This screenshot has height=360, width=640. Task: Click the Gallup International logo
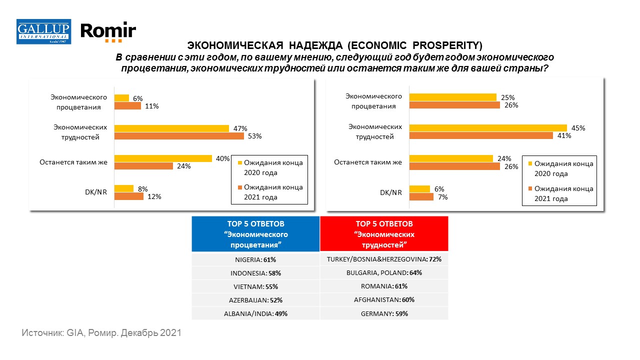coord(43,31)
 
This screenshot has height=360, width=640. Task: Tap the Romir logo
coord(108,31)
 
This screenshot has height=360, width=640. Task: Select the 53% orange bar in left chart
coord(179,136)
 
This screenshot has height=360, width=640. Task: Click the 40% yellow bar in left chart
coord(163,158)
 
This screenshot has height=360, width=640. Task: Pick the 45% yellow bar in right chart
coord(488,128)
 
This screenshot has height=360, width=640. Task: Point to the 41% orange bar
coord(481,135)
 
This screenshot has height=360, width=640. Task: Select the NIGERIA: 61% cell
coord(255,259)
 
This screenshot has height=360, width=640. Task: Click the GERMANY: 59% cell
coord(384,313)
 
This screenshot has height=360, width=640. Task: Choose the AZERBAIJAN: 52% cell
coord(255,300)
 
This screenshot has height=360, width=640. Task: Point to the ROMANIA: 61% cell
coord(384,286)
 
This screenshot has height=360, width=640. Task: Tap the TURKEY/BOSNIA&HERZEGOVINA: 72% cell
coord(384,259)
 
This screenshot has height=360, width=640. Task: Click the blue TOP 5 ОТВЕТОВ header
coord(255,233)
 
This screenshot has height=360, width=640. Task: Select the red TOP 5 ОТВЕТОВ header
coord(384,233)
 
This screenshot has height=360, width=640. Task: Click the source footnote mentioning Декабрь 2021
coord(101,332)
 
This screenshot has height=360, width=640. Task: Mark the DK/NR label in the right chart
coord(391,192)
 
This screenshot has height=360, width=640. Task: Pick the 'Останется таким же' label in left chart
coord(73,162)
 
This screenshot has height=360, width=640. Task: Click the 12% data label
coord(154,196)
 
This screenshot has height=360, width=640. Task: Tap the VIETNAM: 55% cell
coord(255,286)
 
